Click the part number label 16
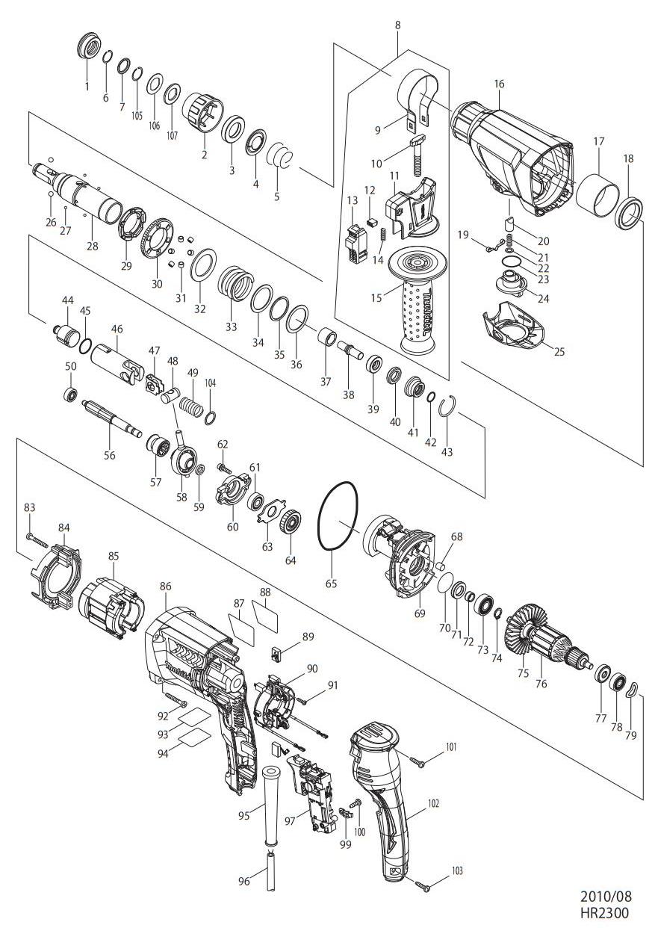(500, 84)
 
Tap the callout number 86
(165, 587)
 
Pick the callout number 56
(110, 455)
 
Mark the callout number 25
(559, 352)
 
